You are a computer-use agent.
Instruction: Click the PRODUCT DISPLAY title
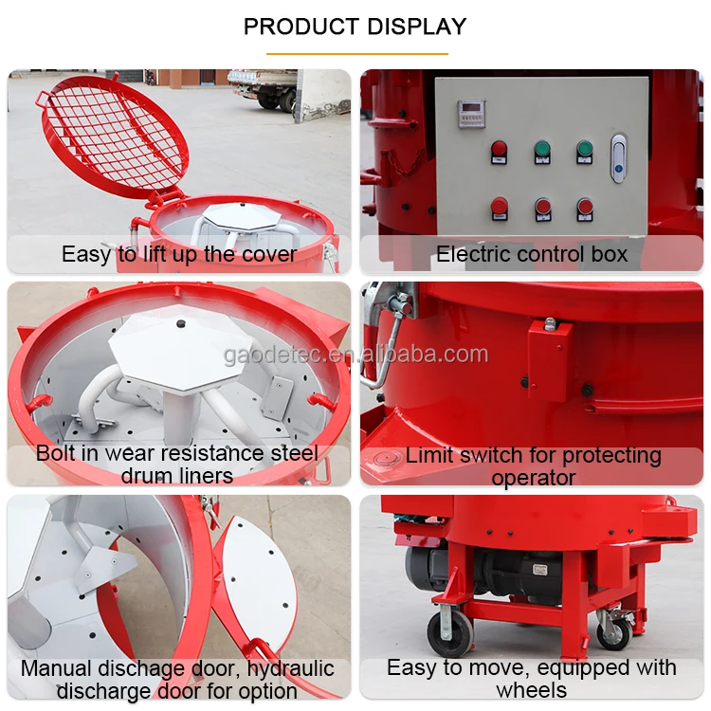click(355, 26)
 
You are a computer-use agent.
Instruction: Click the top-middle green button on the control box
click(542, 150)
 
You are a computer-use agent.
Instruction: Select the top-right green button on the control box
click(585, 150)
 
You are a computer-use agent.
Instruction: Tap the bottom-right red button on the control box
click(585, 206)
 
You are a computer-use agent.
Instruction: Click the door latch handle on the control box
click(618, 158)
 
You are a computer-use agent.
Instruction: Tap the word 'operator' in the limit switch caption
click(533, 478)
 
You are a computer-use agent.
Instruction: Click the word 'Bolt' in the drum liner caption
click(56, 453)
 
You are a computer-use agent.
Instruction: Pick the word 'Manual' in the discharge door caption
click(56, 668)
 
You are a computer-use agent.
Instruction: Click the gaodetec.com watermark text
click(355, 355)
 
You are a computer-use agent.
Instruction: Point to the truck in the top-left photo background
click(263, 87)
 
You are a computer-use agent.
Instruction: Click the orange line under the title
click(355, 53)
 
